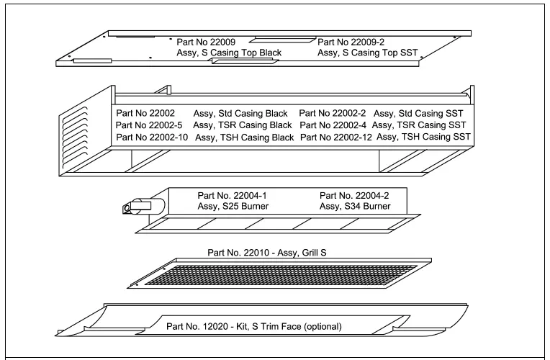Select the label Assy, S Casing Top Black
tap(229, 53)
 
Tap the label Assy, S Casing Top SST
tap(366, 53)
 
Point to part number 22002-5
tap(151, 125)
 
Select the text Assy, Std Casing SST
tap(418, 113)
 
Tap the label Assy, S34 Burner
tap(355, 206)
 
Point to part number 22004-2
tap(355, 195)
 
